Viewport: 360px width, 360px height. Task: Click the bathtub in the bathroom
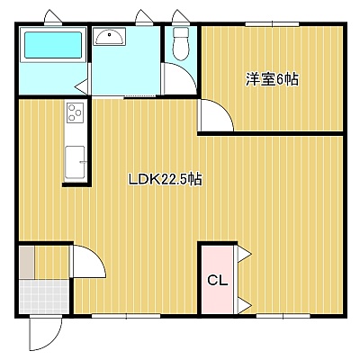click(x=53, y=45)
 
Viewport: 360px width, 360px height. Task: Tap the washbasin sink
click(x=109, y=37)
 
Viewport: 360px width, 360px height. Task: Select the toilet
click(x=181, y=44)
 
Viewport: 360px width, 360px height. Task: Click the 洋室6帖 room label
click(x=272, y=79)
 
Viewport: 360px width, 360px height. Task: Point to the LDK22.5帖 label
click(x=165, y=180)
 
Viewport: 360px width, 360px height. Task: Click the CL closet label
click(x=218, y=281)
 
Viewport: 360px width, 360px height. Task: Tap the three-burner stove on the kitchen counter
click(x=75, y=112)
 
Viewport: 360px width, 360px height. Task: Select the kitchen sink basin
click(x=75, y=162)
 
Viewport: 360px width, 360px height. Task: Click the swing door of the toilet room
click(x=179, y=78)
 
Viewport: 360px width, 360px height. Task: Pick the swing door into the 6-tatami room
click(x=216, y=115)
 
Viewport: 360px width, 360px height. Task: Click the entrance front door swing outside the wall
click(x=46, y=334)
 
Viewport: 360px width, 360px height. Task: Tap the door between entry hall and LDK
click(x=88, y=261)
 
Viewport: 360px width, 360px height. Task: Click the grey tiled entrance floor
click(x=44, y=297)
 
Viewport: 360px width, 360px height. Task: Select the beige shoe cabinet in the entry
click(x=27, y=262)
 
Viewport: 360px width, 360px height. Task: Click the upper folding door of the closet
click(x=244, y=255)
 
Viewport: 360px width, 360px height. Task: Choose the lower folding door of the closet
click(x=244, y=306)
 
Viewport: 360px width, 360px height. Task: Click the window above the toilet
click(x=181, y=19)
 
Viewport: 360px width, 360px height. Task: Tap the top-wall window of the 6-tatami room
click(x=272, y=24)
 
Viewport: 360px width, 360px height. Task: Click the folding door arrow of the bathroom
click(x=81, y=87)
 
